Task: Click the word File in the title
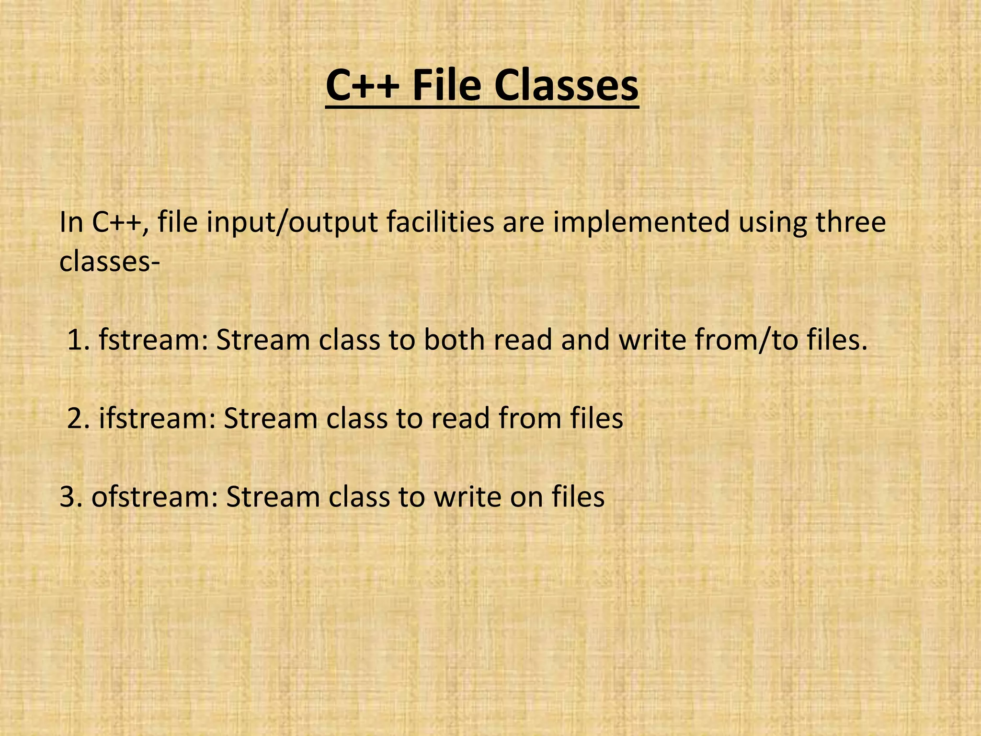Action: coord(446,86)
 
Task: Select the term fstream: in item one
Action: coord(153,340)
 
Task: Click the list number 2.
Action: coord(79,418)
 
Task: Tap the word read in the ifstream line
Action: coord(460,418)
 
